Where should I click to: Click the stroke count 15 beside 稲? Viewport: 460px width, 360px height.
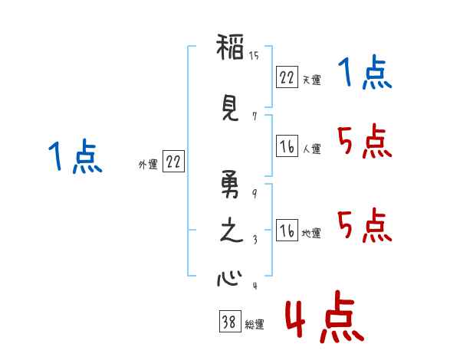pos(254,56)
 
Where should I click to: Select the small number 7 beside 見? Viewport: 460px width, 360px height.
pos(254,116)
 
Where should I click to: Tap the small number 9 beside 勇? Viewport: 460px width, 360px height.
pos(254,194)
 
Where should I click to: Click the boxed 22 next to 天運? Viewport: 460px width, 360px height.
pos(287,77)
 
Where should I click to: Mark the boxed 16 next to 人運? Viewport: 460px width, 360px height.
pos(287,146)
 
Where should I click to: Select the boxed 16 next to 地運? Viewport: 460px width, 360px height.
pos(287,231)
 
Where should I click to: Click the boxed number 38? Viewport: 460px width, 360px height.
pos(228,322)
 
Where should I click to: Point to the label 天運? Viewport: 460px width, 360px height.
pos(311,80)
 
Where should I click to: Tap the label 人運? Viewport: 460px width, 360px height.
pos(311,149)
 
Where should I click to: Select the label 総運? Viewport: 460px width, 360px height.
pos(255,325)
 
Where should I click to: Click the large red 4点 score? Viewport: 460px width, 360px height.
pos(322,320)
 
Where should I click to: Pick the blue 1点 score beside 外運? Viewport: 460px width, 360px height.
pos(75,157)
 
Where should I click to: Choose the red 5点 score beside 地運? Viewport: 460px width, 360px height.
pos(365,225)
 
